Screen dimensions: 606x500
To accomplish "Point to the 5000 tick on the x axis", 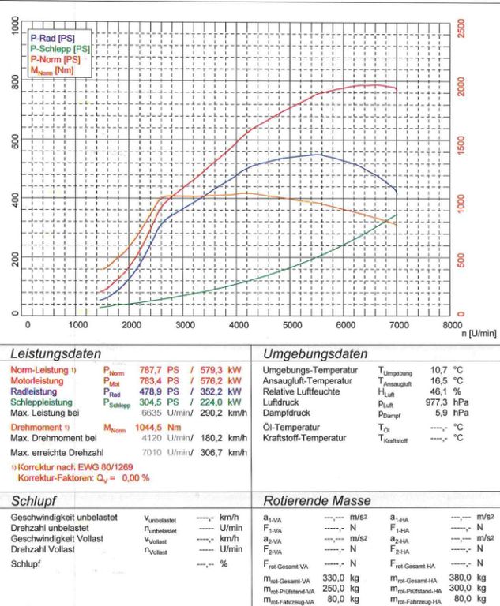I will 292,324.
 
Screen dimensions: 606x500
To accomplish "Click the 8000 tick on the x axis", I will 451,324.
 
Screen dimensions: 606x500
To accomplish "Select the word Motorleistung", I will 39,379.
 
